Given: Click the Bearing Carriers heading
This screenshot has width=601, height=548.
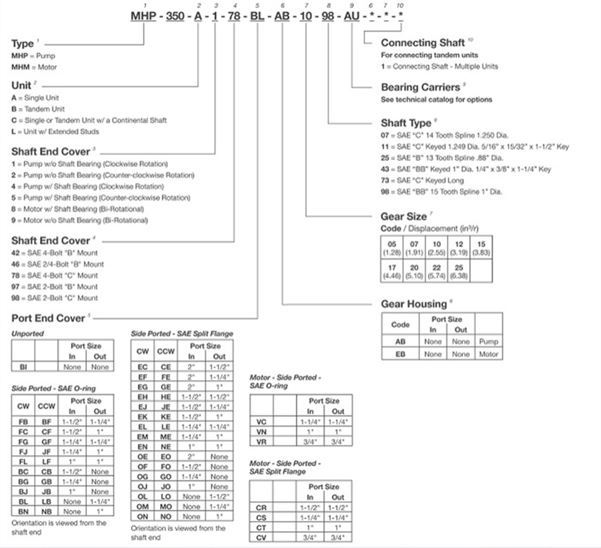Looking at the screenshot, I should [x=419, y=87].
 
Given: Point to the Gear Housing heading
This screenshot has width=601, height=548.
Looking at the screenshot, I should [x=413, y=304].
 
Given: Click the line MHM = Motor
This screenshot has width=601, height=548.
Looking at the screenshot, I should [x=34, y=67].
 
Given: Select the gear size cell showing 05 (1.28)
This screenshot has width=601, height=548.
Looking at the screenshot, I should [x=392, y=247].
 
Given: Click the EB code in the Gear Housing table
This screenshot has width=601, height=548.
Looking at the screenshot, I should [x=400, y=354].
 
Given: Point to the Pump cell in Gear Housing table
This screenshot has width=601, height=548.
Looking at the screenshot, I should [x=488, y=341].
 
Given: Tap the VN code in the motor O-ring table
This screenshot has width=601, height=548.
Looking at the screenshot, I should [x=261, y=431].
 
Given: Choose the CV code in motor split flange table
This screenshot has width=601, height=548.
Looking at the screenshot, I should [x=261, y=539].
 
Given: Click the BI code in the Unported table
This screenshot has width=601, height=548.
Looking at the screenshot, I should [x=23, y=367].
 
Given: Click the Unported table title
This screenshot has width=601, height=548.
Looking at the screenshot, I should [x=28, y=333].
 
